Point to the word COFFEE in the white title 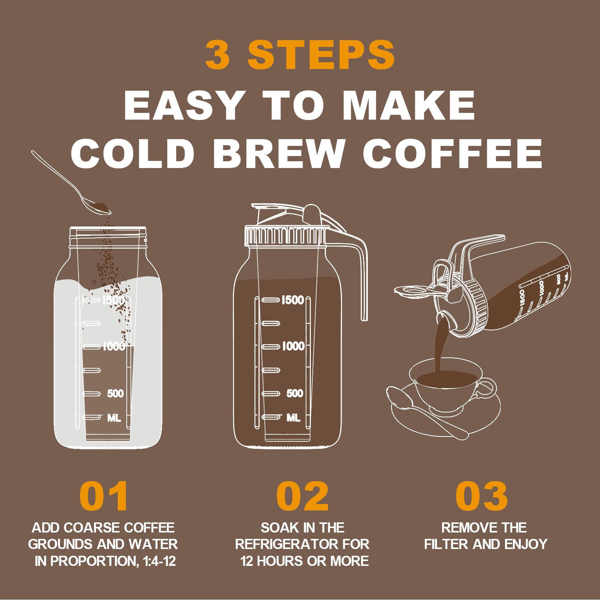[452, 153]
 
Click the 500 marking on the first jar [115, 393]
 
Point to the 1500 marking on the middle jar [292, 300]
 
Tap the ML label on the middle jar [293, 417]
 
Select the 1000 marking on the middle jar [293, 346]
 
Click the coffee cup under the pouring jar [446, 386]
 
